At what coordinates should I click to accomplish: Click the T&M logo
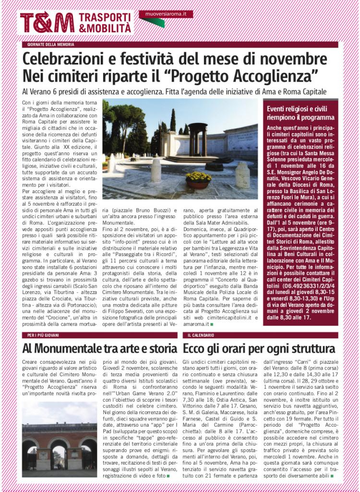click(47, 23)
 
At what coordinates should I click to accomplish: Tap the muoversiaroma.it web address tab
click(166, 14)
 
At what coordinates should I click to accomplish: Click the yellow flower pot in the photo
click(198, 179)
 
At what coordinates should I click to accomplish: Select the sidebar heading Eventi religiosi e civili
click(300, 109)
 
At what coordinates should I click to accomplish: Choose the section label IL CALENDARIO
click(201, 335)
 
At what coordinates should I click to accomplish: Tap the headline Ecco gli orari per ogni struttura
click(259, 348)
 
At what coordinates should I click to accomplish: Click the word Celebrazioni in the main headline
click(70, 60)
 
